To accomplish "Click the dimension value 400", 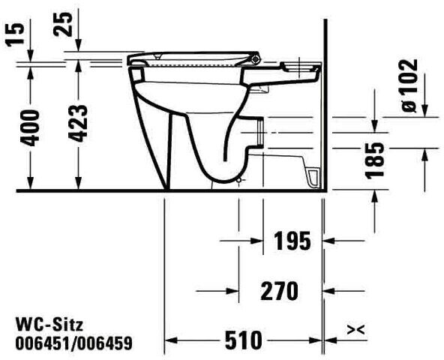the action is (x=31, y=128).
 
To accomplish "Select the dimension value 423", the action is (x=79, y=124).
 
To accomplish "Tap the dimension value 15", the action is (x=14, y=34).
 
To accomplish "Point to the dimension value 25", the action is (x=63, y=24).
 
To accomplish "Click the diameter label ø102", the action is (x=409, y=85).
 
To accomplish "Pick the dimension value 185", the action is (x=375, y=160).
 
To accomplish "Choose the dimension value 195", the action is (x=292, y=241).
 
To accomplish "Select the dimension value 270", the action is (x=279, y=291).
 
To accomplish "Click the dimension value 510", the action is (x=244, y=340).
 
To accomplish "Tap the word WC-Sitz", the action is (x=49, y=325).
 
